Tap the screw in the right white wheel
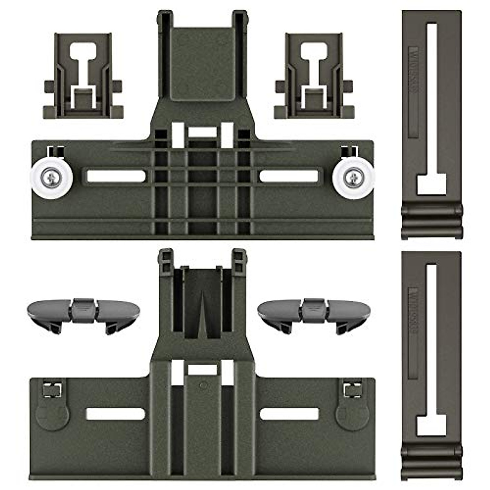pos(354,177)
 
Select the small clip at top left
pos(83,76)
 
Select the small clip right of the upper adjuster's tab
pos(314,76)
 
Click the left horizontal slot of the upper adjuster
pos(116,176)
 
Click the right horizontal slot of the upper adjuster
pos(289,176)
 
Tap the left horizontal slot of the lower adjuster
pos(116,414)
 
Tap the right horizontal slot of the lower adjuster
pos(289,414)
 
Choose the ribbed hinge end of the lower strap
pos(432,461)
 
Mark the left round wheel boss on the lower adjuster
pos(52,414)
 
